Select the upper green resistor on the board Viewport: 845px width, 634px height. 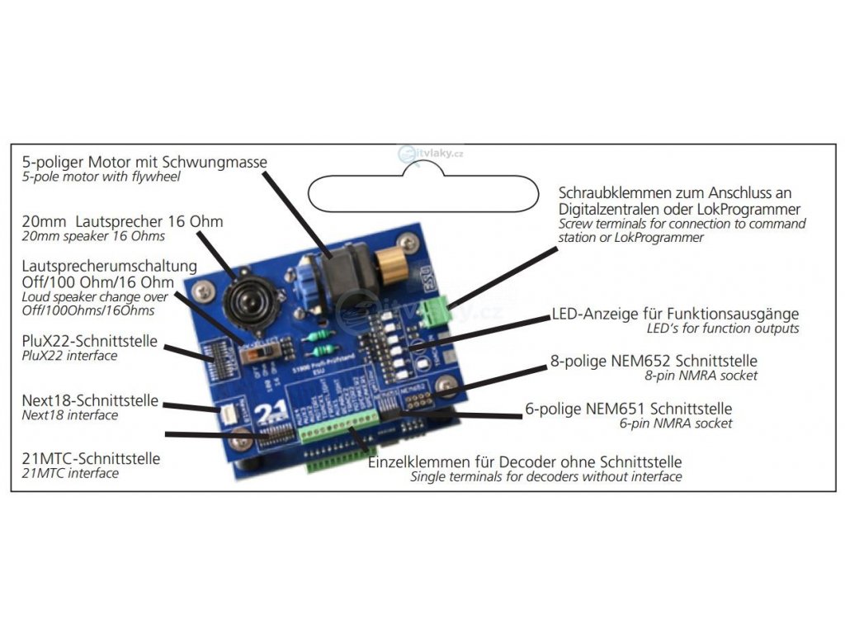pyautogui.click(x=317, y=334)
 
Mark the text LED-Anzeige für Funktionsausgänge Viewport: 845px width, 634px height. pyautogui.click(x=674, y=315)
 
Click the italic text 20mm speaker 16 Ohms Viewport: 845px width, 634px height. pyautogui.click(x=93, y=237)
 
